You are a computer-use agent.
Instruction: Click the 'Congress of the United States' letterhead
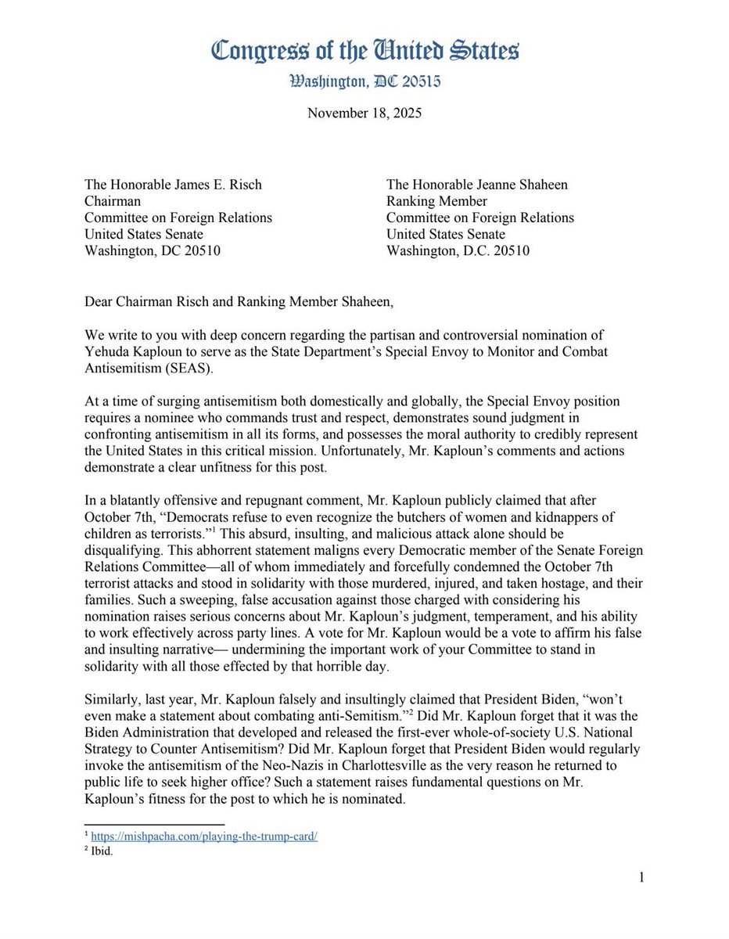364,52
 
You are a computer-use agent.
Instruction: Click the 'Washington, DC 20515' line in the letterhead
364,81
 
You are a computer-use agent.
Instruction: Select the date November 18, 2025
364,113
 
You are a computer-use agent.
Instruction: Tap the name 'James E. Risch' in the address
216,185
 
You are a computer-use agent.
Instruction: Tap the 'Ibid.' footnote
102,851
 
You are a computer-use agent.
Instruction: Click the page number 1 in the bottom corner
641,877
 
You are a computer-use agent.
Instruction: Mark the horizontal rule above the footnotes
154,824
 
